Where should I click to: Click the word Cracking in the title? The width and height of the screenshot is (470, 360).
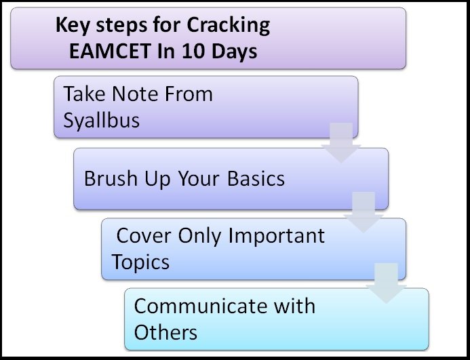(228, 26)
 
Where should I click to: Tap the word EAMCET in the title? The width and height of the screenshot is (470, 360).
(110, 52)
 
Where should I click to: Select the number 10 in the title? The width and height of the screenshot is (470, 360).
(193, 52)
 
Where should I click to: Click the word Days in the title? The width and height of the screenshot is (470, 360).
(235, 52)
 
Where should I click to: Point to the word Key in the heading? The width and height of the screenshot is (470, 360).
(73, 25)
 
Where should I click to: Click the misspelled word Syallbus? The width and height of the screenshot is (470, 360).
(102, 121)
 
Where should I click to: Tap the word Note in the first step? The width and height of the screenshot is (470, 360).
(135, 94)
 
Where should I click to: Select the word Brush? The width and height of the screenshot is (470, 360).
(111, 178)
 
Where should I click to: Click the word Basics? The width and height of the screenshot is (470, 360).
(256, 178)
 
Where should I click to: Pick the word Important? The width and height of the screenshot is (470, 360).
(276, 236)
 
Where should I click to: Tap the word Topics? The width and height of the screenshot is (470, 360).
(140, 262)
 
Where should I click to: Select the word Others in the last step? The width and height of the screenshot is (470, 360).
(165, 332)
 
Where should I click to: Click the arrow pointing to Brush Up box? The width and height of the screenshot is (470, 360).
(341, 142)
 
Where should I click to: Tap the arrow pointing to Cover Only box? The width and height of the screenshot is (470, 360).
(364, 212)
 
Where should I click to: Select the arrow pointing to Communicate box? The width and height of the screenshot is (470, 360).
(386, 283)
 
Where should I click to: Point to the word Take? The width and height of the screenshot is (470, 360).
(84, 94)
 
